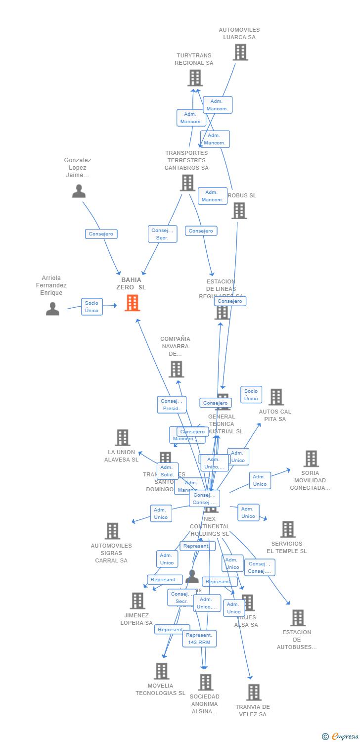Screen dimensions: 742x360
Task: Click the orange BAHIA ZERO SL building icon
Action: tap(132, 303)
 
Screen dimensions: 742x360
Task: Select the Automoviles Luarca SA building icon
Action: tap(240, 52)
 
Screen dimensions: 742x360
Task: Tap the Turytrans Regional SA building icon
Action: tap(195, 78)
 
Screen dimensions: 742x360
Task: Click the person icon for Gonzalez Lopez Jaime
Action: tap(79, 191)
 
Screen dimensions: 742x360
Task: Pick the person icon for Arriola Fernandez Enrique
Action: tap(52, 309)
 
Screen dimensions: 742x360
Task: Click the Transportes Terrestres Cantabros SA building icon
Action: tap(187, 183)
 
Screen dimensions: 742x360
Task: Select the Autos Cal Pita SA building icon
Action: tap(275, 397)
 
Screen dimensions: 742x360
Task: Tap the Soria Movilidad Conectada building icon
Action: tap(311, 459)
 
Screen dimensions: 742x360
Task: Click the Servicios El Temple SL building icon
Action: tap(287, 529)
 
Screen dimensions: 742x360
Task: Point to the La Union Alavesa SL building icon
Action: tap(122, 438)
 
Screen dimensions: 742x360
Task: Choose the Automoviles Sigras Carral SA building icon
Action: tap(112, 531)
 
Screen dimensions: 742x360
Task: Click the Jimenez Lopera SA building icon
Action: tap(137, 601)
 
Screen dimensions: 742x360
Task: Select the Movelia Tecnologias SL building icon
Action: tap(161, 671)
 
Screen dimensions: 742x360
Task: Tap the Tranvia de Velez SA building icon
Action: tap(254, 693)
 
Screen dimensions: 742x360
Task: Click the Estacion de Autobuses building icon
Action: tap(297, 618)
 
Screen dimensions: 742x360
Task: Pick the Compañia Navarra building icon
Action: tap(176, 369)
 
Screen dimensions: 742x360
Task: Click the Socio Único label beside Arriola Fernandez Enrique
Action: tap(92, 307)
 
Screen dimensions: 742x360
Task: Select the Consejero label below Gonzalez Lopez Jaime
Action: tap(101, 234)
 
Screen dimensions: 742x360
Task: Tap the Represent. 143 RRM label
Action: tap(200, 639)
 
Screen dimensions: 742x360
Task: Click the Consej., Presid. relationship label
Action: tap(172, 405)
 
